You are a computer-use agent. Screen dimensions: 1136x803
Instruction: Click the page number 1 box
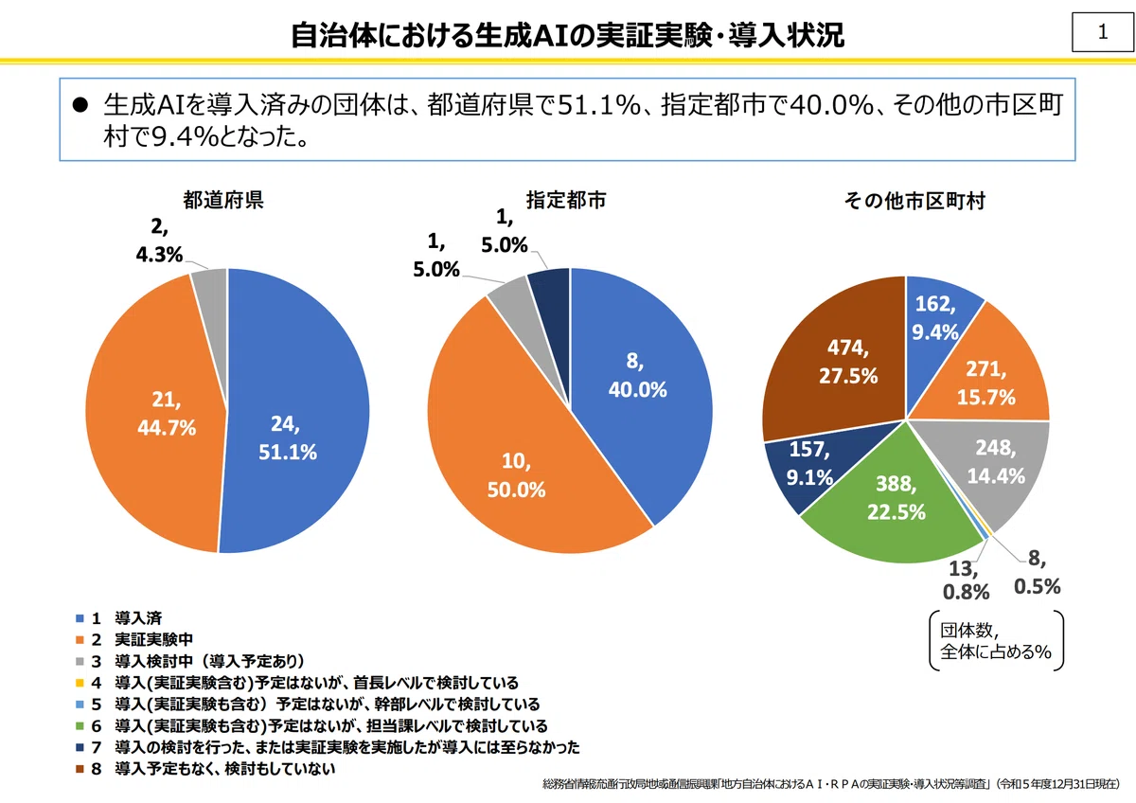click(1103, 32)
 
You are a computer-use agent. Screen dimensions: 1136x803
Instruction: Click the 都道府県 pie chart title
click(223, 200)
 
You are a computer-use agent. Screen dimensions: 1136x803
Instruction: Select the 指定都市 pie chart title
click(566, 200)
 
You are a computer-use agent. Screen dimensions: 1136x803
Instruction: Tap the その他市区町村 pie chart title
click(914, 201)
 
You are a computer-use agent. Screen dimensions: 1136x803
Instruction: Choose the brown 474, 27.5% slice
click(837, 360)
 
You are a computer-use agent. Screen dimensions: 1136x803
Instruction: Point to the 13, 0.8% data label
click(966, 580)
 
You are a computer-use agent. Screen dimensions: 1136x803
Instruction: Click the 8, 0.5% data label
click(1038, 573)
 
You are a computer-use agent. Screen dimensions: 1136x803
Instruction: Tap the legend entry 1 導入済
click(118, 618)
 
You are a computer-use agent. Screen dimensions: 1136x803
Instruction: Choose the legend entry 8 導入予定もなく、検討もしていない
click(205, 769)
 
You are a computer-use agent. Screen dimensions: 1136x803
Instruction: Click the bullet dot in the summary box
click(80, 105)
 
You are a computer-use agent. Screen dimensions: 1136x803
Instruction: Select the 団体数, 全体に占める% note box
click(996, 641)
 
